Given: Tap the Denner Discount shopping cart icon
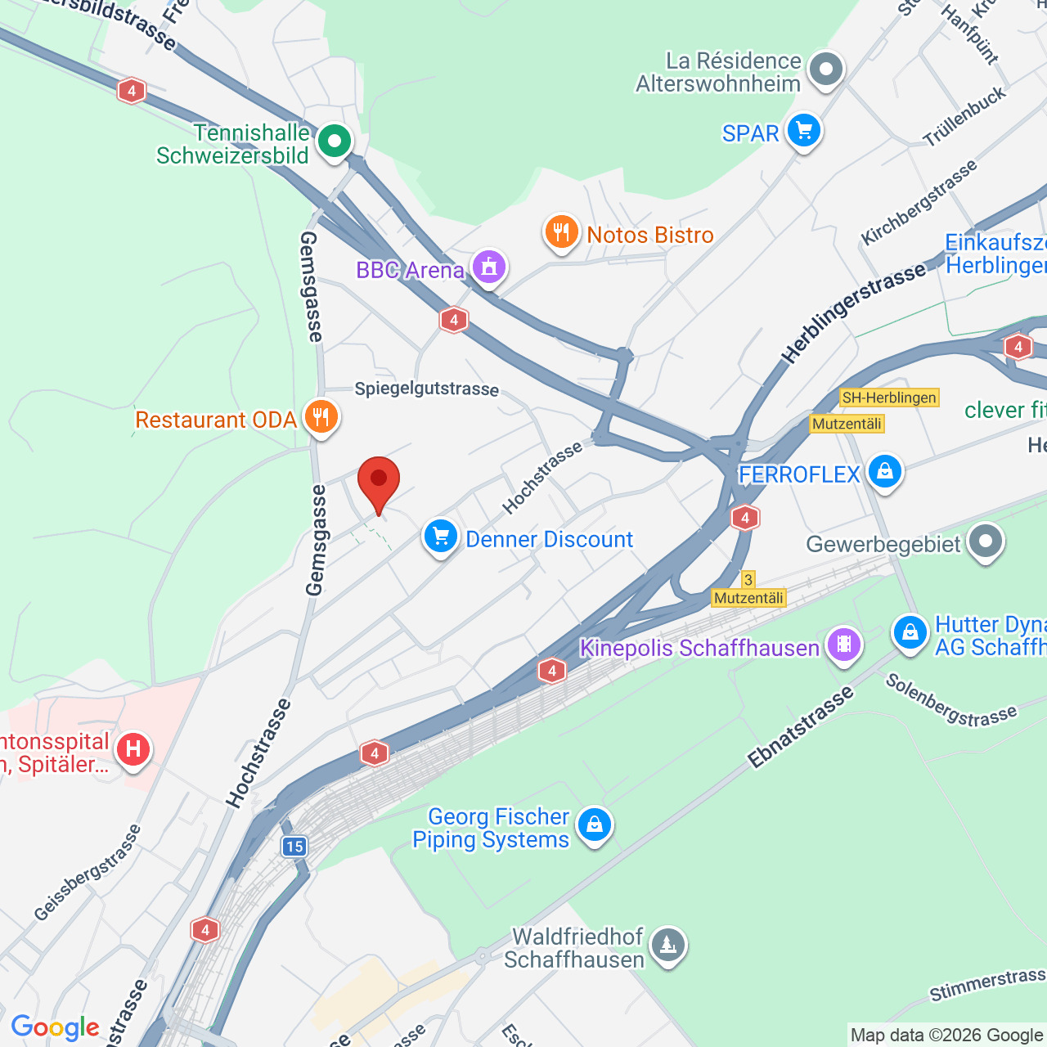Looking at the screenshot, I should pos(441,537).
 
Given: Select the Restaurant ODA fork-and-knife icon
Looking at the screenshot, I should pos(321,418).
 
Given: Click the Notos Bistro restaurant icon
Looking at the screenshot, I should pos(562,233).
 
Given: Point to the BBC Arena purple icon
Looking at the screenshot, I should pos(489,267).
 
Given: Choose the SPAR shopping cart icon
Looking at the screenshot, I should pos(804,131).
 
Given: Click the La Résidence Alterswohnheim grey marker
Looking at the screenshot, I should pos(826,70).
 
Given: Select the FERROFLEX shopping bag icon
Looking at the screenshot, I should pos(884,472).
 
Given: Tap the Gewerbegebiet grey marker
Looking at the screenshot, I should pos(985,541).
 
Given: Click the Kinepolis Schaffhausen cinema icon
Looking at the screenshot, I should pos(844,645).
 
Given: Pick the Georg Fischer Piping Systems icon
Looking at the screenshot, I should pos(595,825).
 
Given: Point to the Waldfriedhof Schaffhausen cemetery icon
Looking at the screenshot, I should pos(668,946).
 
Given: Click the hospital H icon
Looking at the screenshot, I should pos(133,749).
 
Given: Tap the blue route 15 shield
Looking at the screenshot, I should pos(294,847).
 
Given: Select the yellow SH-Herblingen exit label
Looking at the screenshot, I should pos(889,398).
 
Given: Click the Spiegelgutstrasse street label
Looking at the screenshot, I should pos(426,389).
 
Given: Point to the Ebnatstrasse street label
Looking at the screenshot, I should pos(801,727).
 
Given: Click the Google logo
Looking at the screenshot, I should pos(55,1027).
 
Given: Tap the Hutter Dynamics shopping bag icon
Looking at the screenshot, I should pos(910,632).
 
